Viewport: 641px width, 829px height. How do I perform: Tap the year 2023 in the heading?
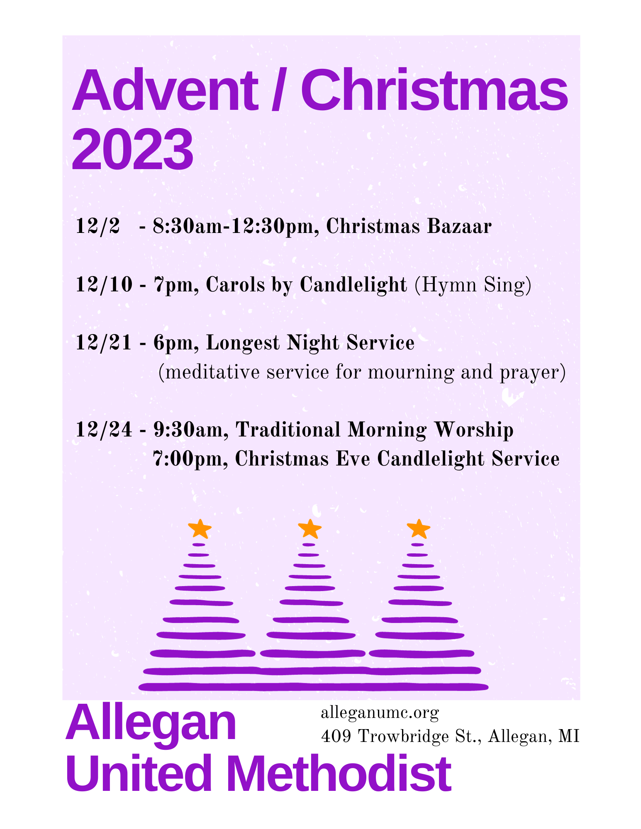[x=132, y=150]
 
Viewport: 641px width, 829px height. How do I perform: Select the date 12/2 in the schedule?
[x=98, y=227]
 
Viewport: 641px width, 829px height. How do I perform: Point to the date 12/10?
[x=104, y=285]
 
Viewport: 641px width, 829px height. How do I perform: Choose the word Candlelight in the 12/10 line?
[x=353, y=285]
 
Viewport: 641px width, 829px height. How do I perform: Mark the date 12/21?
[x=104, y=343]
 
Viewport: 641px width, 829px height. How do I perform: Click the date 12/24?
[x=104, y=430]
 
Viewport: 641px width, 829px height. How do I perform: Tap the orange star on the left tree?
[x=200, y=528]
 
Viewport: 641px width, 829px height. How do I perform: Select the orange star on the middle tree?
[x=310, y=528]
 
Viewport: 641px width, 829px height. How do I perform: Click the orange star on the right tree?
[x=419, y=528]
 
